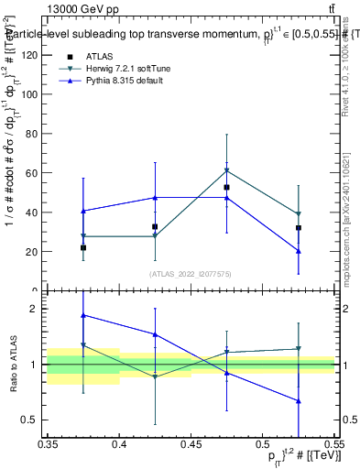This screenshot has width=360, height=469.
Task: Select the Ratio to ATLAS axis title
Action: pyautogui.click(x=12, y=364)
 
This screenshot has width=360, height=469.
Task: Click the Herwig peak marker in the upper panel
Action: pyautogui.click(x=226, y=170)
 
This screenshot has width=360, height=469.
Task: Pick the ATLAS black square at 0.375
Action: pyautogui.click(x=83, y=247)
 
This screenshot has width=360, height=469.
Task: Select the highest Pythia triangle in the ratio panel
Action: pyautogui.click(x=83, y=315)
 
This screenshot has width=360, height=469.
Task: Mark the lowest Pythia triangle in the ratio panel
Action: pyautogui.click(x=298, y=400)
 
